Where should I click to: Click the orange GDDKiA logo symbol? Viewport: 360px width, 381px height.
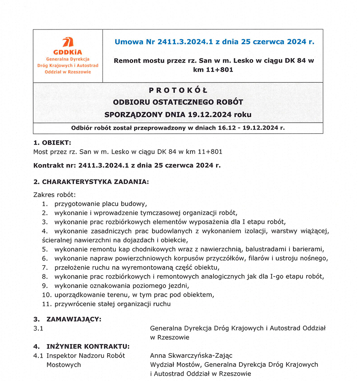68,43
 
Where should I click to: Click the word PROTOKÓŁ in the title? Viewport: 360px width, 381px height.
178,90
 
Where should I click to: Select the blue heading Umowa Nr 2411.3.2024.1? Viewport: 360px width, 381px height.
215,42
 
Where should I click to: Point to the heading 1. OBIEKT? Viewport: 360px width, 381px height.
52,143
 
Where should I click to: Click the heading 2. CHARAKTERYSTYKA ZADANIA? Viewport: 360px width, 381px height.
91,182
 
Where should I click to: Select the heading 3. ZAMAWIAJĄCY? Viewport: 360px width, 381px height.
67,319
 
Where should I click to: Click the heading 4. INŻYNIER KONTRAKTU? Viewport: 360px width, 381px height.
81,347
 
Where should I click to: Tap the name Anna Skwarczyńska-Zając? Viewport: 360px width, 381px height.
191,356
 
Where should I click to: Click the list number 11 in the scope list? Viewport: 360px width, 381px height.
46,304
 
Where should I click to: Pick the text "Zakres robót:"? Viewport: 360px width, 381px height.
54,195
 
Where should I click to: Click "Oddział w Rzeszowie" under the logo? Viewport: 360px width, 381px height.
68,72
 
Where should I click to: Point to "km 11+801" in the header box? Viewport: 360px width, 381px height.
213,70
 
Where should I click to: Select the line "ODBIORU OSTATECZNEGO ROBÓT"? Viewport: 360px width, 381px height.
178,102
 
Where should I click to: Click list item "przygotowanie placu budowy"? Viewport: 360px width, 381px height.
101,204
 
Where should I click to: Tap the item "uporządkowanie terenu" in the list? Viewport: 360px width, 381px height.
90,295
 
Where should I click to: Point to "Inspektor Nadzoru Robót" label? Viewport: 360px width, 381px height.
86,356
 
